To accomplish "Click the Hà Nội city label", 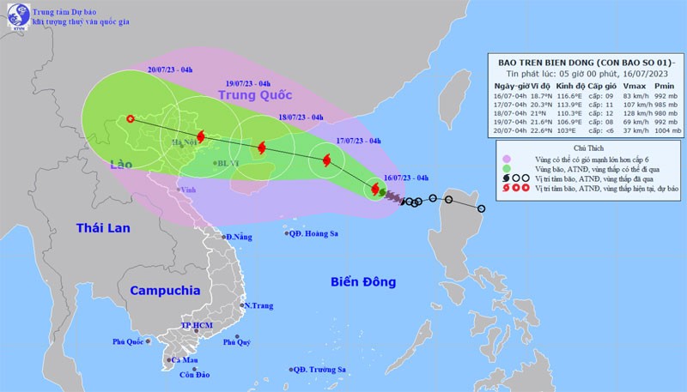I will click(184, 142).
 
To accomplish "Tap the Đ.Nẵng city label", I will click(240, 237).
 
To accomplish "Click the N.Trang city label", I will click(258, 305).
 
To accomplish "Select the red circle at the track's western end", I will click(130, 119).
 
